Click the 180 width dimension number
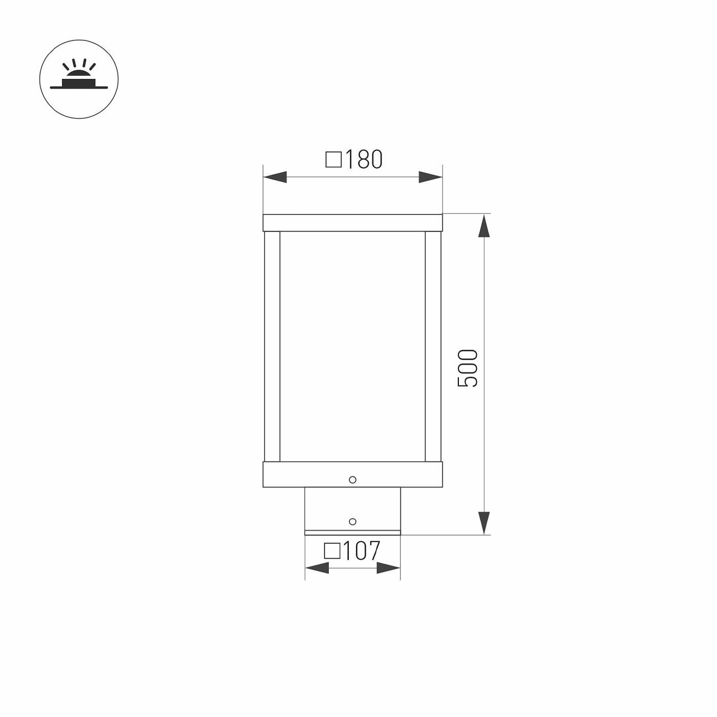364,159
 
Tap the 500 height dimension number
468,368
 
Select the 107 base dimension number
361,551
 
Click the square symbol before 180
333,159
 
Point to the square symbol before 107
332,551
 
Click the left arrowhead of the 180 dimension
275,177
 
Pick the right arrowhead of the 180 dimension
431,177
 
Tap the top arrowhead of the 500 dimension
483,225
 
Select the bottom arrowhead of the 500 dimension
483,523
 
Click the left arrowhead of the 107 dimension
317,568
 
